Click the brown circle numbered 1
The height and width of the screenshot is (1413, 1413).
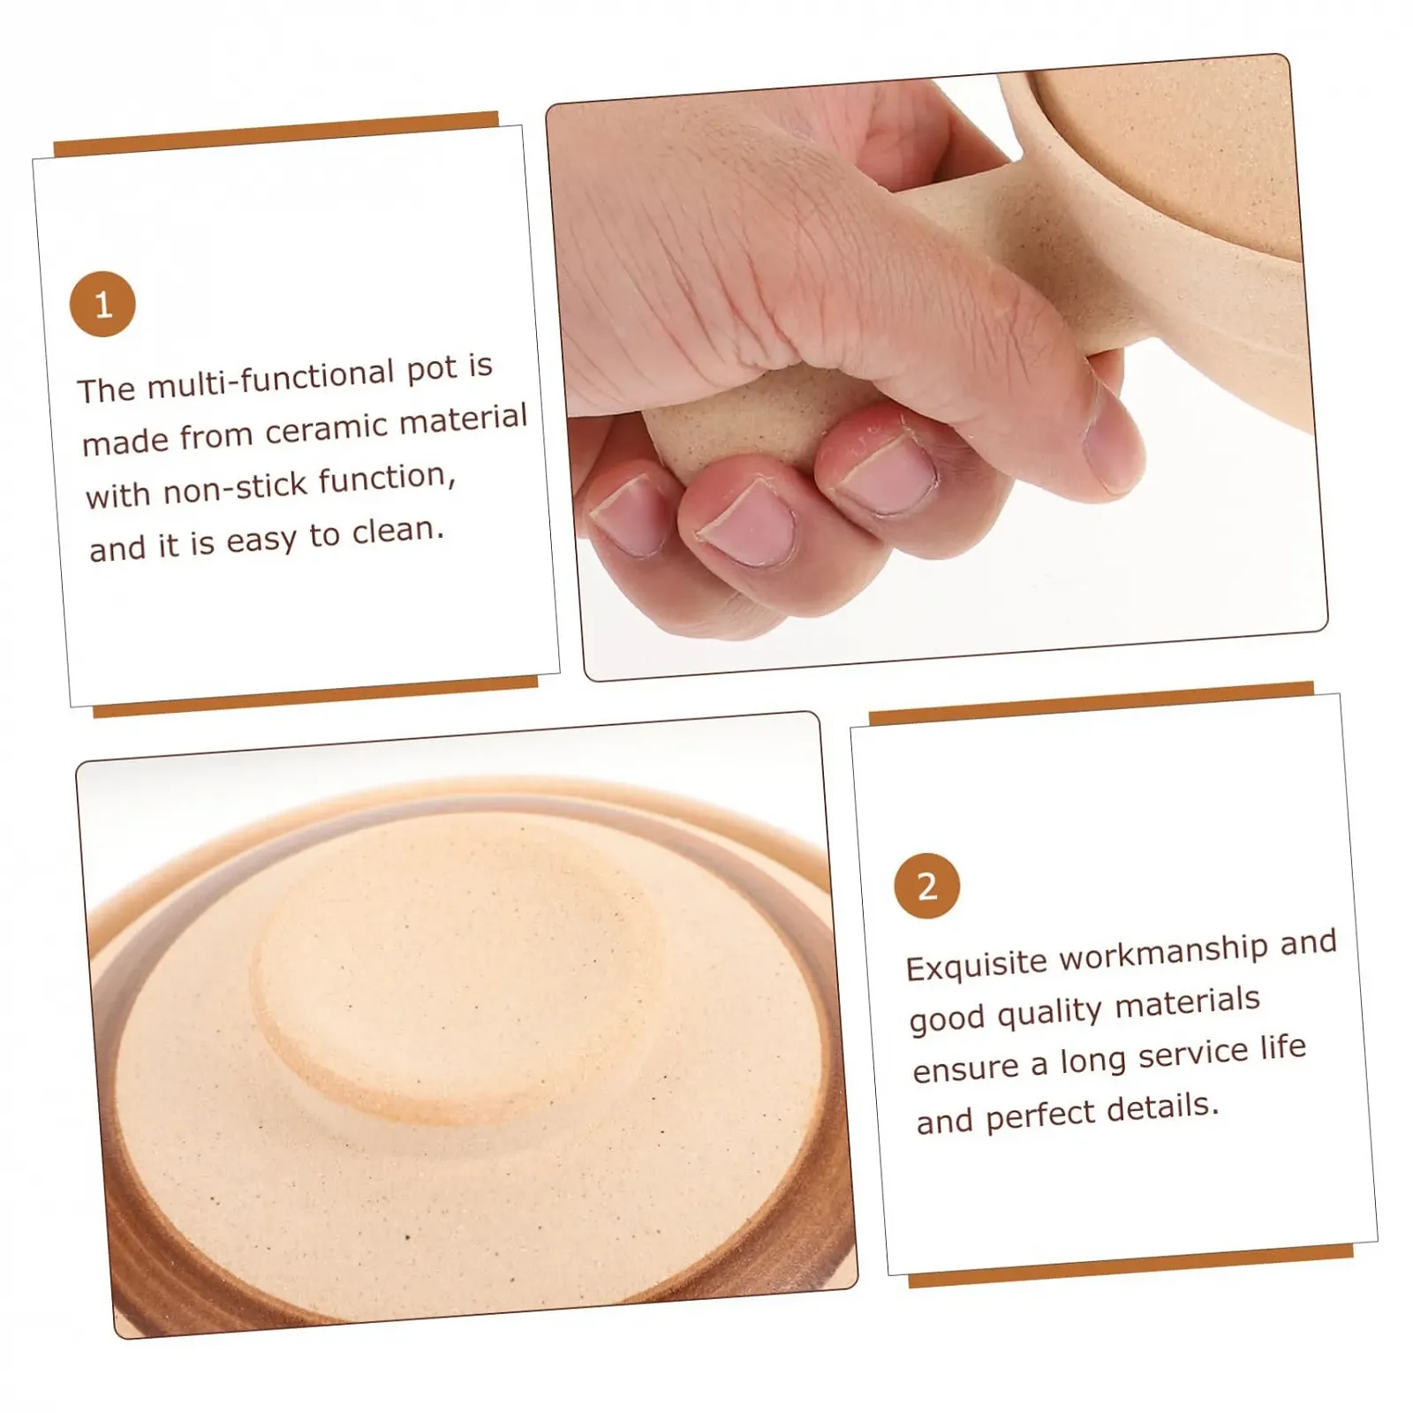(102, 304)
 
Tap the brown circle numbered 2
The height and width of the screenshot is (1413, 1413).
(926, 886)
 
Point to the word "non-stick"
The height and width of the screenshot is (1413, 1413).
(235, 487)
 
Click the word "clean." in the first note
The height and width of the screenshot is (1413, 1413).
(397, 531)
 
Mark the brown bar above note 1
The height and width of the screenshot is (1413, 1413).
(276, 133)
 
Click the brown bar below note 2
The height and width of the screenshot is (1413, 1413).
(1131, 1265)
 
